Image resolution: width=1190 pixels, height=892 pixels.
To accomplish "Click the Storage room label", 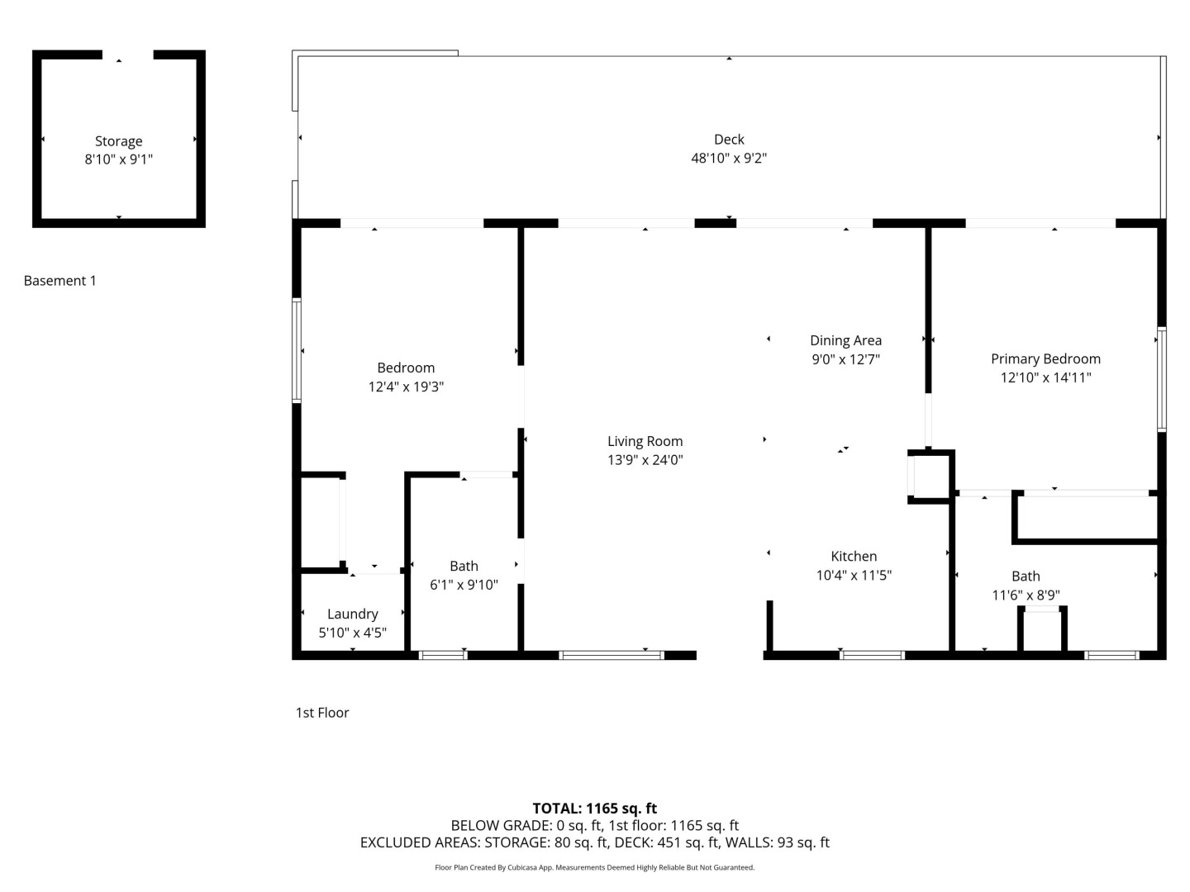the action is point(119,141).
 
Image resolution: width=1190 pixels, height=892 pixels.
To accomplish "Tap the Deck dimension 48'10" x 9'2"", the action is point(729,158).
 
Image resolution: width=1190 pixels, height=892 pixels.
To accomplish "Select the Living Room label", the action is point(645,441).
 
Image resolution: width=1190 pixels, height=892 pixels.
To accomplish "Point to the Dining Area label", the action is point(845,340).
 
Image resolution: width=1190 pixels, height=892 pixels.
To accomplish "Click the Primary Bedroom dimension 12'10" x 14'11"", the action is point(1045,377).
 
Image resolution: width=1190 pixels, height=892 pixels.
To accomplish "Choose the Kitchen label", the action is point(854,556).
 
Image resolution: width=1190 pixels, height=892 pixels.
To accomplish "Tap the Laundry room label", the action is point(352,614).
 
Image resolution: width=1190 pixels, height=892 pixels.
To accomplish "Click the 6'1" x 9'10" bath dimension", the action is point(464,585).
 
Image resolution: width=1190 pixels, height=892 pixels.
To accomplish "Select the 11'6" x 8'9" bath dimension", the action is point(1026,595).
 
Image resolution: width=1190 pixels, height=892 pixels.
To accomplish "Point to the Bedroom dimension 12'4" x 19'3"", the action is point(406,387).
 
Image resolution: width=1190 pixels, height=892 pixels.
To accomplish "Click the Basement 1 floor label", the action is point(59,281).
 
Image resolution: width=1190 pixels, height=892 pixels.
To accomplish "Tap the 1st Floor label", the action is point(322,713).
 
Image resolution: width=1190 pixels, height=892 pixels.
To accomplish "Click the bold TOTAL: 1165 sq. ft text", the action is point(594,808).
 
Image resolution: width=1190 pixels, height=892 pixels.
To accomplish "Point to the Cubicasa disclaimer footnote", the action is point(594,867).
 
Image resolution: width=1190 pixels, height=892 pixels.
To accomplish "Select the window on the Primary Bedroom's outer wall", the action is point(1161,379).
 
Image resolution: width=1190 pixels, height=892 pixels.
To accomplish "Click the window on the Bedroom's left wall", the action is point(297,350).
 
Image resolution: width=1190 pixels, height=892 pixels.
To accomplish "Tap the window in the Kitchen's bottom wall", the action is point(872,655).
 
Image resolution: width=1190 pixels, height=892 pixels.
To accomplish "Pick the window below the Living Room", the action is point(611,655).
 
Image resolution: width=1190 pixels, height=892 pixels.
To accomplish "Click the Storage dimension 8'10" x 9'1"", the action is point(119,159).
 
